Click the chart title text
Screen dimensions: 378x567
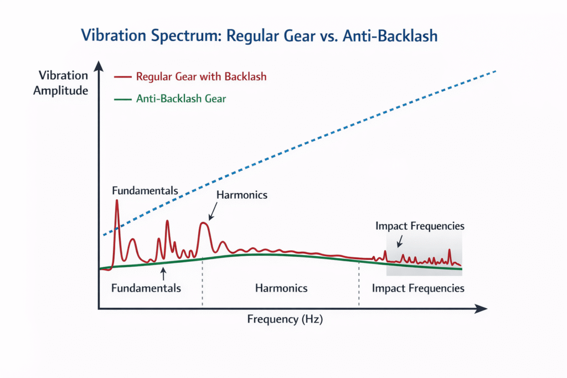(x=259, y=36)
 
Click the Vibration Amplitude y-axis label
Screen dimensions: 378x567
(x=61, y=83)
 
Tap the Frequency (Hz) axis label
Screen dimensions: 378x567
(x=285, y=319)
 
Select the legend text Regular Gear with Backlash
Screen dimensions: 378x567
(x=201, y=76)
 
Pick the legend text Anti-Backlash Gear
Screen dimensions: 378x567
(x=181, y=99)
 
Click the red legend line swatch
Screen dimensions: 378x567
(x=122, y=76)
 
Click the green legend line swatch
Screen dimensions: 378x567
(x=122, y=100)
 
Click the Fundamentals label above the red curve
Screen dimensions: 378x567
(x=145, y=191)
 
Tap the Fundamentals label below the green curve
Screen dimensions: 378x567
(x=146, y=288)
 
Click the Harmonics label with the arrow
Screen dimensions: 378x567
(x=242, y=195)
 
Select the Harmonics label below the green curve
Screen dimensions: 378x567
(x=281, y=288)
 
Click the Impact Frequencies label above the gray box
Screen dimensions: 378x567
(x=420, y=226)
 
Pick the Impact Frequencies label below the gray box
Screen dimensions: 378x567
(x=418, y=288)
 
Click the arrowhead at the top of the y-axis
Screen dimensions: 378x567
(x=99, y=65)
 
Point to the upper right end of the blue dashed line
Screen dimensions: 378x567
(x=495, y=71)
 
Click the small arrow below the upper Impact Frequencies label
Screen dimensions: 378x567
(x=399, y=241)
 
